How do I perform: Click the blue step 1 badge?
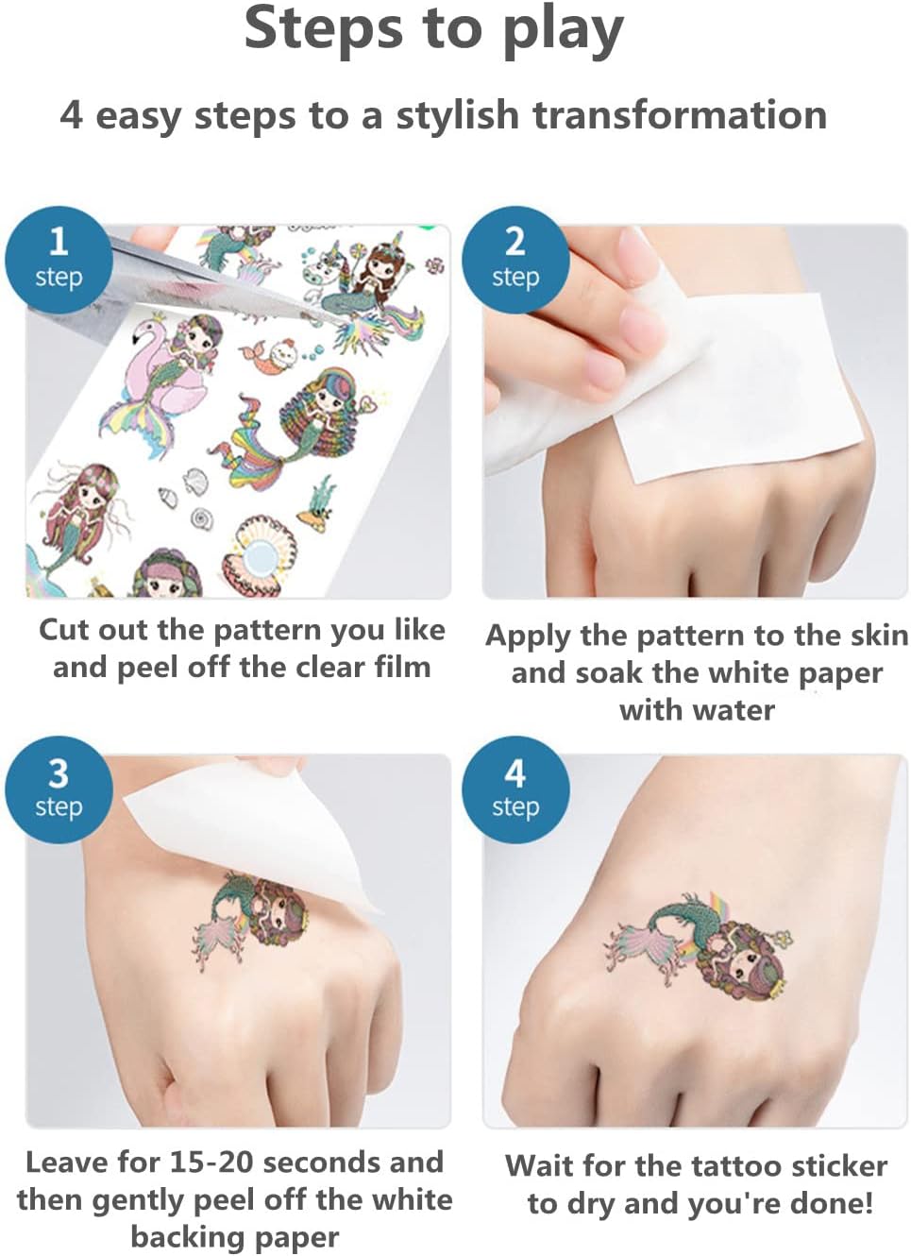click(59, 260)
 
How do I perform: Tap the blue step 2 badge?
click(515, 260)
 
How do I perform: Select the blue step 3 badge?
click(59, 789)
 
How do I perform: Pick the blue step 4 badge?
click(515, 789)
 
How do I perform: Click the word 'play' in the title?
click(563, 31)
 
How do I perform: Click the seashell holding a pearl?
click(259, 556)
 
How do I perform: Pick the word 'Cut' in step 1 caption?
click(65, 630)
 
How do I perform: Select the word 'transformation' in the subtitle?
click(680, 115)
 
